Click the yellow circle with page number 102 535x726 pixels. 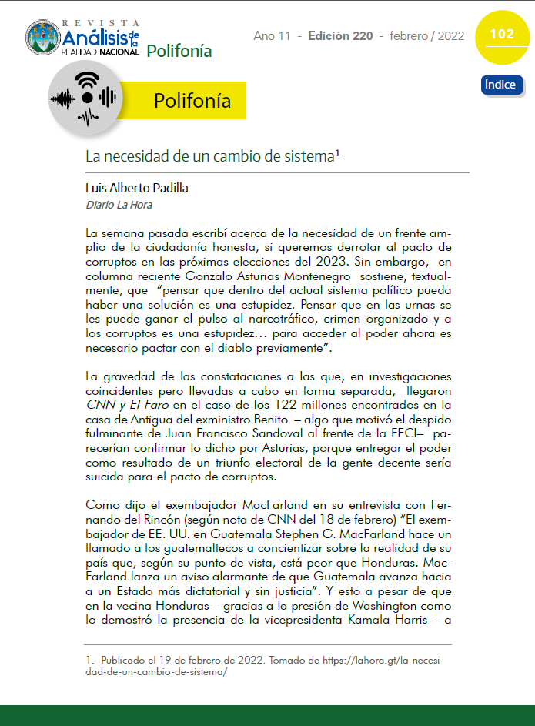pos(501,35)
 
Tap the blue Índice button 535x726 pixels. pos(501,85)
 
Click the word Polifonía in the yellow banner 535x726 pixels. pos(192,101)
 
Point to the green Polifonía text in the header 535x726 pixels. pos(179,52)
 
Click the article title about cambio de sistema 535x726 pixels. pos(212,156)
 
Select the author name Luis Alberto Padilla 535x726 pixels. pos(136,188)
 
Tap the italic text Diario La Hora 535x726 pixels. pos(119,205)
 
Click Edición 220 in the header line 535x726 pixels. pos(340,36)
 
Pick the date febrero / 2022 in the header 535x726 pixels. pos(426,36)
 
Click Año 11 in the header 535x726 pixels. pos(273,36)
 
